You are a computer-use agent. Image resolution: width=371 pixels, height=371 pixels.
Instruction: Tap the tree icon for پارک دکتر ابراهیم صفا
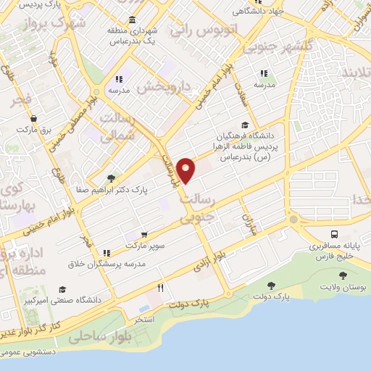(x=110, y=178)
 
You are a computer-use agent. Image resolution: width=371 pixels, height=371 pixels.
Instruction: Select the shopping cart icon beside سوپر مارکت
(x=145, y=234)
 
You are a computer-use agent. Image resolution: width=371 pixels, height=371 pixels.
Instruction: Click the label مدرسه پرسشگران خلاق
(x=106, y=264)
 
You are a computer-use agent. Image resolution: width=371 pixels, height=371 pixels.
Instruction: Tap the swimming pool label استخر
(x=143, y=318)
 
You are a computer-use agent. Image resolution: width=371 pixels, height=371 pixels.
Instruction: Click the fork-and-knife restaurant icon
(x=161, y=288)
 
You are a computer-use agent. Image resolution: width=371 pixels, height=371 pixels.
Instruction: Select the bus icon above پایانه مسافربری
(x=334, y=234)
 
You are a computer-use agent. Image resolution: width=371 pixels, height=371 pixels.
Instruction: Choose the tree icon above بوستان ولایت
(x=342, y=275)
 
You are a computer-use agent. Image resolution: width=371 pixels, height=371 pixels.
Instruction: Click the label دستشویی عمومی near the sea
(x=28, y=351)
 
